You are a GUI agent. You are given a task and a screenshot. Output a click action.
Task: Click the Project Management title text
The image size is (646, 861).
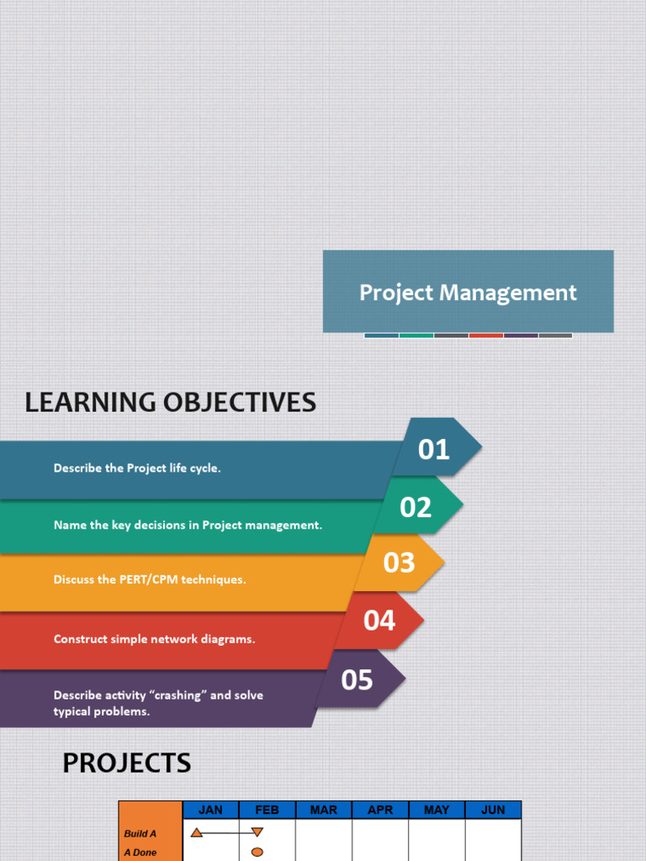(468, 293)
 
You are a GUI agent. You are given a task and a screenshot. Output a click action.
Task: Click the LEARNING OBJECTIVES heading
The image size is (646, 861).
(171, 403)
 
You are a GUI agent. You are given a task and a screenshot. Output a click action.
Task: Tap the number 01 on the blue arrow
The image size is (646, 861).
(434, 450)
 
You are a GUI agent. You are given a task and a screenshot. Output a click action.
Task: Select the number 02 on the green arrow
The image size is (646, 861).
(416, 507)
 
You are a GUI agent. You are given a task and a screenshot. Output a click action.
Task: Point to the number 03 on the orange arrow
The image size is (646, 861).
(399, 563)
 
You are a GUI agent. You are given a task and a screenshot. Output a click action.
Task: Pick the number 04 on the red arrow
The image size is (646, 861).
(379, 621)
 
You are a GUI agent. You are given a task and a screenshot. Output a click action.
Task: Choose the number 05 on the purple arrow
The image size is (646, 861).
(357, 679)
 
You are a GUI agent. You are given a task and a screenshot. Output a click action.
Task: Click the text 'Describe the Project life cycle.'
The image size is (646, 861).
(137, 468)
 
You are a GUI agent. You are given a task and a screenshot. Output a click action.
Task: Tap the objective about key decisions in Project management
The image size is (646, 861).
(188, 525)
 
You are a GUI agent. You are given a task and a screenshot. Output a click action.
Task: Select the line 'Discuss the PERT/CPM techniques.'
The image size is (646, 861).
(150, 579)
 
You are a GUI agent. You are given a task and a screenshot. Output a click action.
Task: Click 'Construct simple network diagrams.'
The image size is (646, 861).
(154, 639)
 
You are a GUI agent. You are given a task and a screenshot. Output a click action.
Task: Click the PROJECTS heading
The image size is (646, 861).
(127, 763)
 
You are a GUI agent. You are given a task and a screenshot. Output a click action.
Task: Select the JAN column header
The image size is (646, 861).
(210, 810)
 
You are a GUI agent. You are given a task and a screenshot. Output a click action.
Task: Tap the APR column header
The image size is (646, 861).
(380, 810)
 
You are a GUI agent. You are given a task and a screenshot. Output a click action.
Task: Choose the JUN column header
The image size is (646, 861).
(493, 810)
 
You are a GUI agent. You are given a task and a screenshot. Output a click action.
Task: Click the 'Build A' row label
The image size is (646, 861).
(140, 833)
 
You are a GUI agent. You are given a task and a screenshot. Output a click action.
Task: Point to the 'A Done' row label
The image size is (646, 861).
(140, 852)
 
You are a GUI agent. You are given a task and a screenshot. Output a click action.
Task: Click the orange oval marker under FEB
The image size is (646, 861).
(257, 852)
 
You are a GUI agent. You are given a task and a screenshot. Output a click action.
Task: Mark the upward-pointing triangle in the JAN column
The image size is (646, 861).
(197, 833)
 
